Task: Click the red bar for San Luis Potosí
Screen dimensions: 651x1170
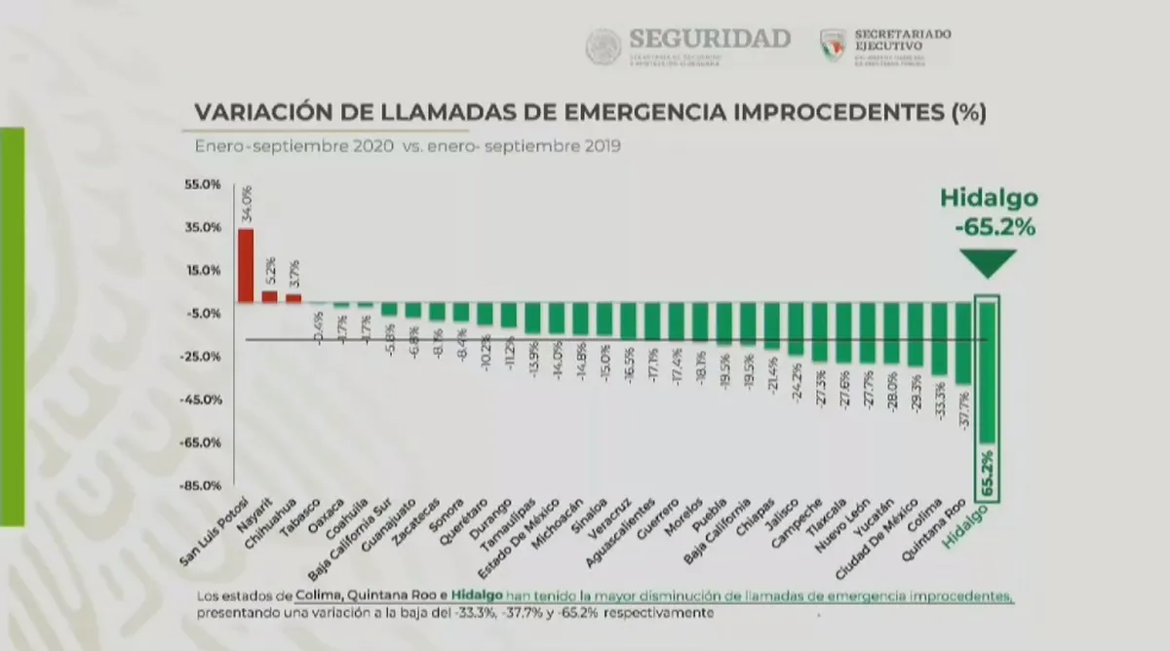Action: coord(246,265)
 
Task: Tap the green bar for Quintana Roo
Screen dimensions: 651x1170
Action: coord(963,343)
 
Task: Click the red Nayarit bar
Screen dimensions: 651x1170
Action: coord(269,296)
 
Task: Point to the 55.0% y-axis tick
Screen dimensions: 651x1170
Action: coord(204,184)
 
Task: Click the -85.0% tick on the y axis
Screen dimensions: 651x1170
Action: coord(203,485)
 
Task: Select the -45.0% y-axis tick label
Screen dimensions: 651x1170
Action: coord(203,400)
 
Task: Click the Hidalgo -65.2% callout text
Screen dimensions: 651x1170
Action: coord(989,213)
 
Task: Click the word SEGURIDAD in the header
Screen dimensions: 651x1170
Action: coord(710,39)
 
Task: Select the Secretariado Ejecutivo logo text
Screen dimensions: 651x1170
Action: coord(902,40)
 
